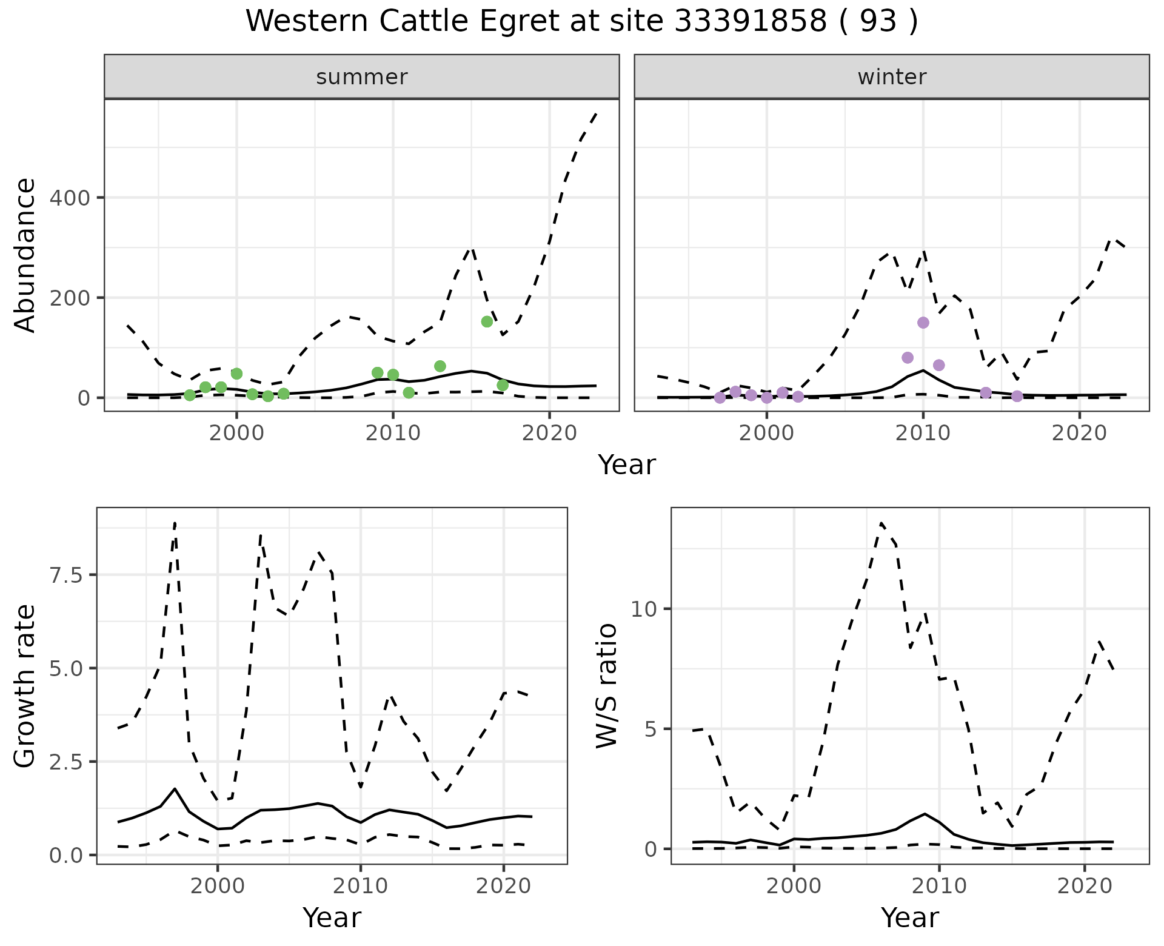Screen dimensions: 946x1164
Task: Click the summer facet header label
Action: coord(362,77)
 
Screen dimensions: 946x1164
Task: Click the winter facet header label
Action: coord(892,77)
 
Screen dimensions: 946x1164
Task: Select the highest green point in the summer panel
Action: coord(487,321)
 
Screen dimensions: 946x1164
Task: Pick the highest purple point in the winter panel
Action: coord(923,323)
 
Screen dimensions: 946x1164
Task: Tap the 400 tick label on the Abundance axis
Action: coord(69,198)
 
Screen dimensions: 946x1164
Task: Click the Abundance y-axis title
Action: coord(25,255)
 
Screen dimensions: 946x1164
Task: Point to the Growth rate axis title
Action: coord(25,686)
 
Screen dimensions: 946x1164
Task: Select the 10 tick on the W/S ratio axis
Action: coord(644,609)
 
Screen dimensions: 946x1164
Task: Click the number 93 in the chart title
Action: coord(878,22)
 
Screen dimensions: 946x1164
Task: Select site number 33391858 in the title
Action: coord(750,22)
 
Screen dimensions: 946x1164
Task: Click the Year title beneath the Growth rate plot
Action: coord(332,917)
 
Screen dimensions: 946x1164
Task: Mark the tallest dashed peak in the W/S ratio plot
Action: coord(881,523)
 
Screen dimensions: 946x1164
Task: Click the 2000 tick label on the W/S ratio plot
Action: coord(794,886)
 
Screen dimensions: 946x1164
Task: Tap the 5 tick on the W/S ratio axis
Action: coord(651,729)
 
